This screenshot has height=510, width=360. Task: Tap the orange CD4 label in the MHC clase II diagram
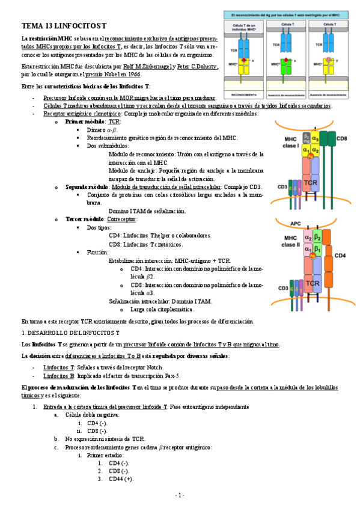coord(340,256)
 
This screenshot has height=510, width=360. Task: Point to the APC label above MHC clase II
coord(296,223)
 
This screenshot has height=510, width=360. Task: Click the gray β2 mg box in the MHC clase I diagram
coord(308,138)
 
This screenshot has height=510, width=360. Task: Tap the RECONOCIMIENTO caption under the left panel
coord(243,94)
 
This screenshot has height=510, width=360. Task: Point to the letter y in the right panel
coord(340,61)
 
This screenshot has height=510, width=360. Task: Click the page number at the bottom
coord(180,495)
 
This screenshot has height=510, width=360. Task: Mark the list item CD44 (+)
coord(121,479)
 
